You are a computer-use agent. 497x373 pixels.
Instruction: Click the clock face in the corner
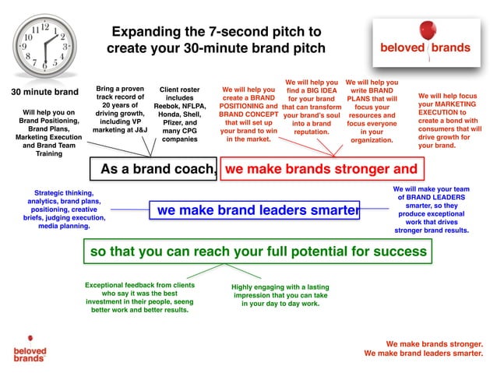[40, 45]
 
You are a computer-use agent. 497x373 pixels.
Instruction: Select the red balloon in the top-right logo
[424, 30]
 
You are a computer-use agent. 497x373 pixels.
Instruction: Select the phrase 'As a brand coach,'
[158, 168]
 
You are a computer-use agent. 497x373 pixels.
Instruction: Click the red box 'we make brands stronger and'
[321, 168]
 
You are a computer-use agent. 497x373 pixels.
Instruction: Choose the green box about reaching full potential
[258, 252]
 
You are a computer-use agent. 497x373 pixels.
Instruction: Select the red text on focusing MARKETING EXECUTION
[449, 120]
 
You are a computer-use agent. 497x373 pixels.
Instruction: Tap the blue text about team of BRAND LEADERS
[431, 209]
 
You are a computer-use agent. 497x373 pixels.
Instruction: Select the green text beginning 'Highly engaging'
[280, 287]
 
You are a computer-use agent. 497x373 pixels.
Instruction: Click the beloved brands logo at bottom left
[30, 350]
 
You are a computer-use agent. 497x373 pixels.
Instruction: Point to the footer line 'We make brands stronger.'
[434, 343]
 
